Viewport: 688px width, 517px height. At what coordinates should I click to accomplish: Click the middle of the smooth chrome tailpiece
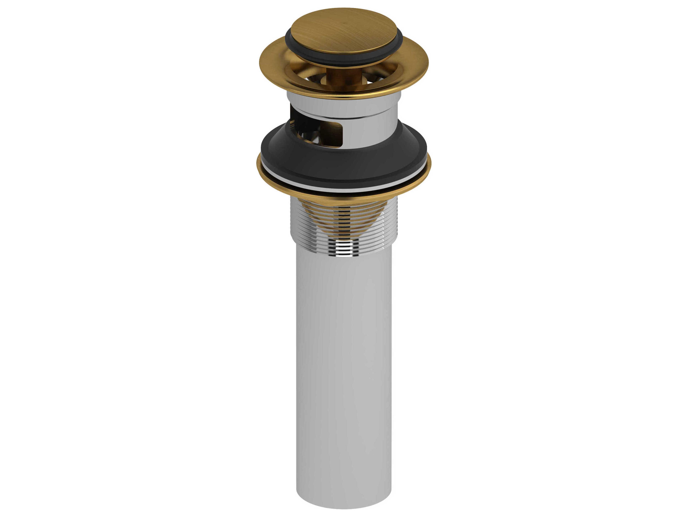pos(344,358)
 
